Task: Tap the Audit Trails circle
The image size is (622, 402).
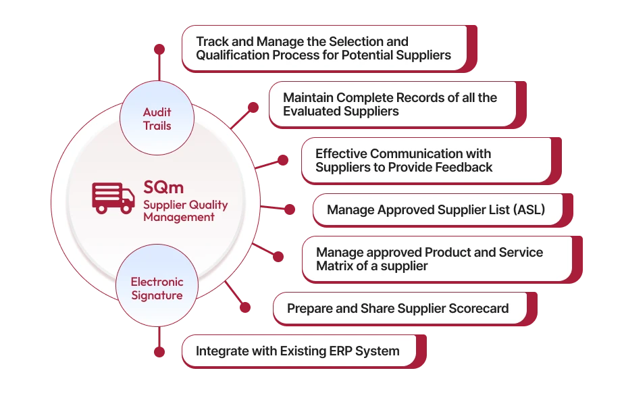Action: point(157,119)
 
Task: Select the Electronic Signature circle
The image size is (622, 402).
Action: point(157,288)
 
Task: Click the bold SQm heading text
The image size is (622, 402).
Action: point(163,186)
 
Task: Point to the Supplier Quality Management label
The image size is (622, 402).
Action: point(184,211)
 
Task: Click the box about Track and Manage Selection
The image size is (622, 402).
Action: point(323,48)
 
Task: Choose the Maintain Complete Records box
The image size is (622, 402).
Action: point(392,104)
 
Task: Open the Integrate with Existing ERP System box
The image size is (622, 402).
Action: point(298,351)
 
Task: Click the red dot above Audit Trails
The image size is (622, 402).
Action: point(159,49)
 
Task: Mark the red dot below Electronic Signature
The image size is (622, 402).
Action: point(159,352)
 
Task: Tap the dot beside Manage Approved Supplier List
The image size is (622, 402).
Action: point(290,210)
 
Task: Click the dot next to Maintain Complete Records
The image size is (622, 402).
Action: point(253,107)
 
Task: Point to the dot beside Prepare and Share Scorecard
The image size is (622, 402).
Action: point(245,308)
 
